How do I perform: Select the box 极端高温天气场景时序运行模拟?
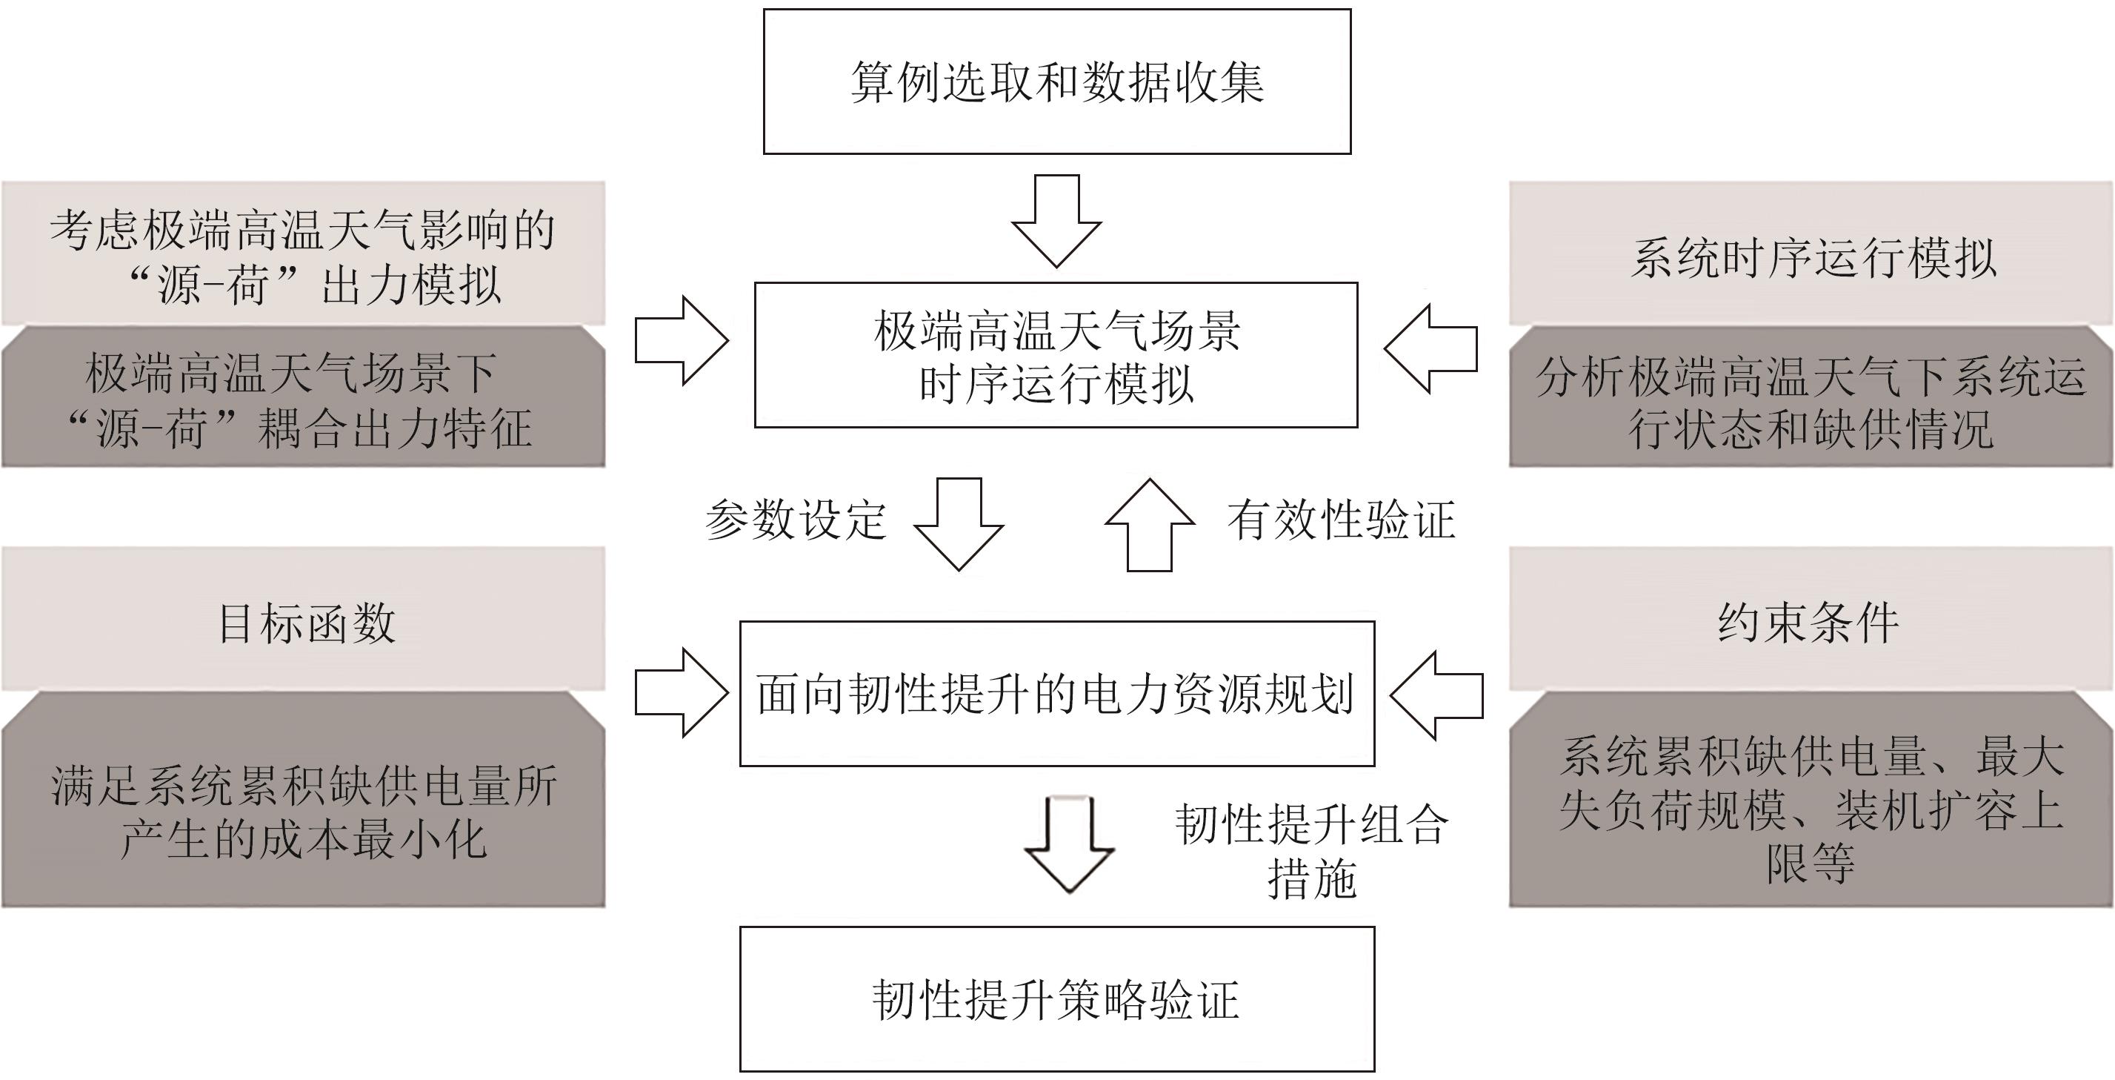(1056, 355)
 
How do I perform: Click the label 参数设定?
(796, 520)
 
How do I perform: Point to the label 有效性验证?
(1341, 520)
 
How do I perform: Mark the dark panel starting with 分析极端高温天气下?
(1811, 397)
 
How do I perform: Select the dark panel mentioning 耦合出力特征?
(303, 397)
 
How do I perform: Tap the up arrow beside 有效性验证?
(1150, 524)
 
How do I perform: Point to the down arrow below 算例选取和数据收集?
(1056, 221)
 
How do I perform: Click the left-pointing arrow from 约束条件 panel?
(1436, 695)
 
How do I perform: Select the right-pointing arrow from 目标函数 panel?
(682, 692)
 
